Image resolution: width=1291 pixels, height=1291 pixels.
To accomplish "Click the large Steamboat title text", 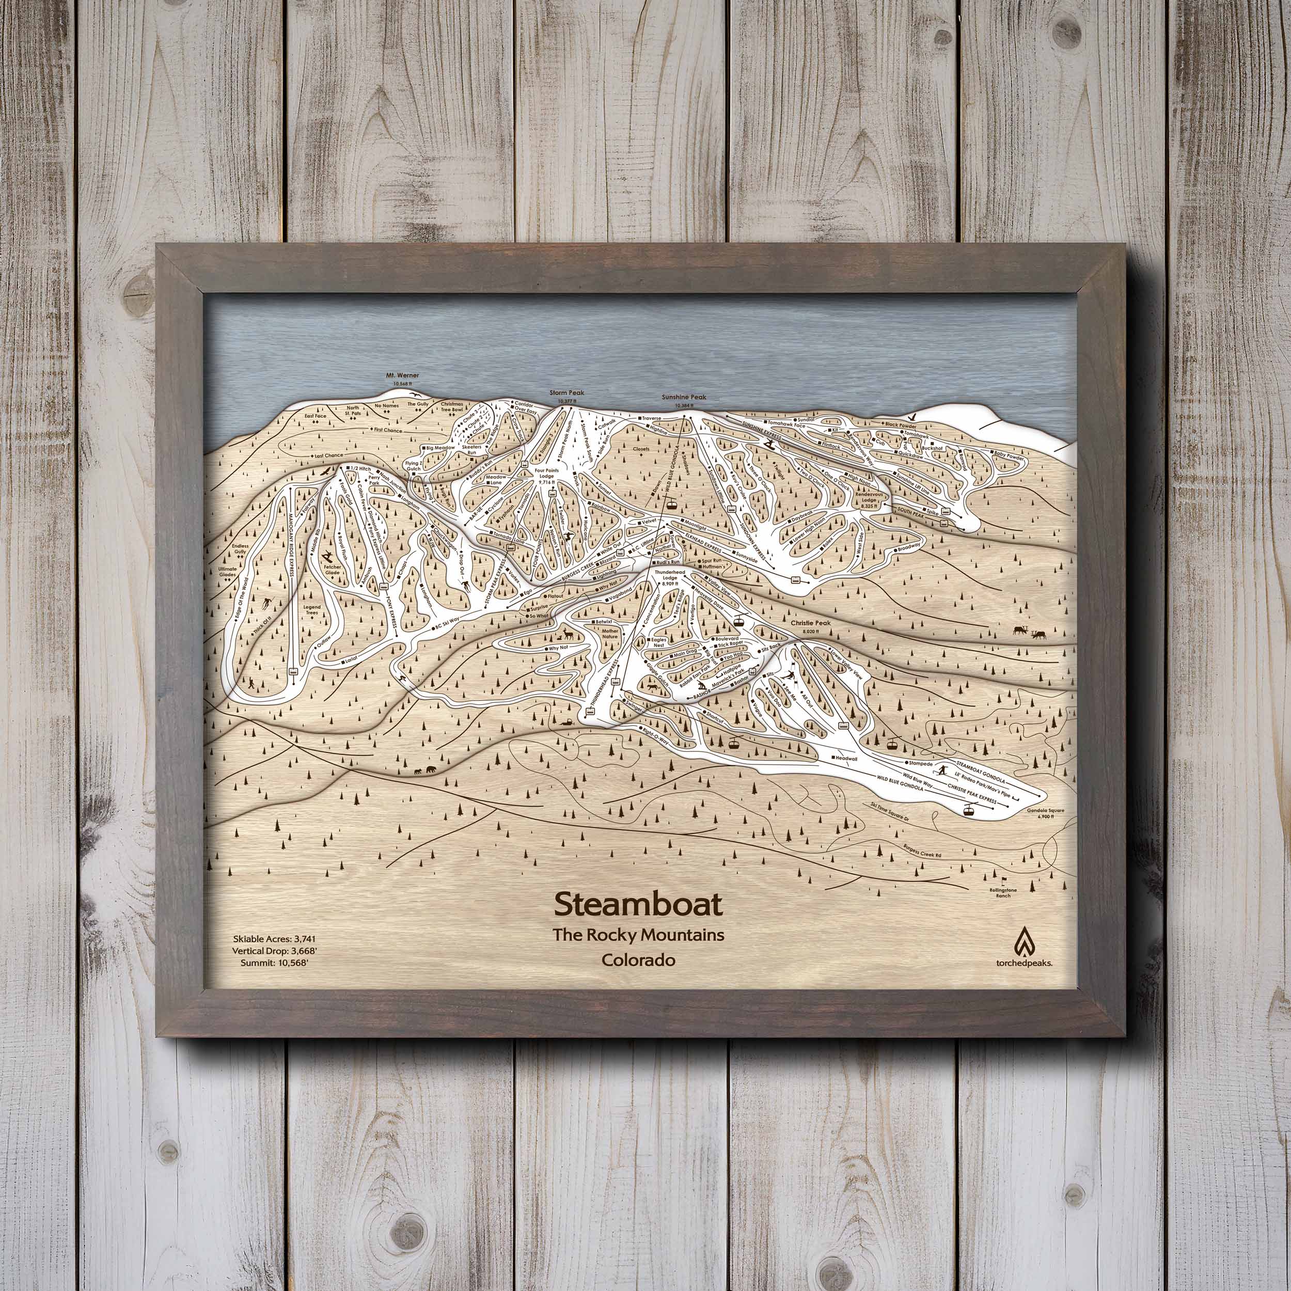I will point(638,905).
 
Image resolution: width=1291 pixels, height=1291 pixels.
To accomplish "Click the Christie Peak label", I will point(811,623).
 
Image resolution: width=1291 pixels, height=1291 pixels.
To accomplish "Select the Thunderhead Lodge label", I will point(670,577).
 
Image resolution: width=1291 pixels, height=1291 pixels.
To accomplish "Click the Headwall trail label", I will point(846,757).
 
